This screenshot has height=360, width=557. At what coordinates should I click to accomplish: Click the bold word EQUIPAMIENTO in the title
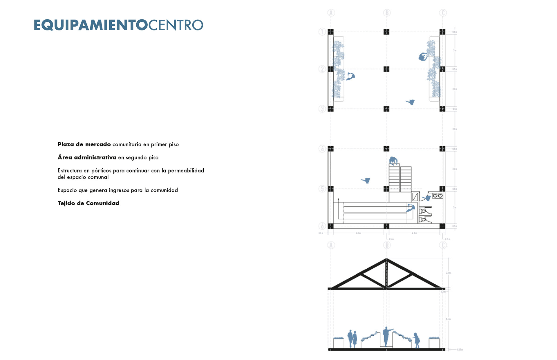coord(91,25)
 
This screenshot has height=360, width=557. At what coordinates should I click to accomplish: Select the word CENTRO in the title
coord(176,25)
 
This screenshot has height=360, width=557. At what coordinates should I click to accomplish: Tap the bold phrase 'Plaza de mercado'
coord(84,144)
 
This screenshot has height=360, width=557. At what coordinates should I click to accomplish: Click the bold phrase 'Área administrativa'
coord(87,157)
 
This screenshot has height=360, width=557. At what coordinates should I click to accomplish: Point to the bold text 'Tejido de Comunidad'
coord(88,203)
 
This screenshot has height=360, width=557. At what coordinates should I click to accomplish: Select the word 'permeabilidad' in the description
coord(186,170)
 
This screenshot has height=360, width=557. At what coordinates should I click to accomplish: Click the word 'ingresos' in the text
coord(119,190)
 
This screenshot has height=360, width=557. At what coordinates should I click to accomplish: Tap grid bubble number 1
coord(322,32)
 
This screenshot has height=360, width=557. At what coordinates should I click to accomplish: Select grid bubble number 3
coord(322,109)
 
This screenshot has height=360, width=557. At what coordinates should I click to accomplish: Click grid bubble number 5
coord(322,189)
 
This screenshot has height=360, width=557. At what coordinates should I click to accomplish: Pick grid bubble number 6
coord(322,226)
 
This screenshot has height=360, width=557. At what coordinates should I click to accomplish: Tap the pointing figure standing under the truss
coord(386,336)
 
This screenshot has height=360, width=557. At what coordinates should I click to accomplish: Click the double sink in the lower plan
coord(437,196)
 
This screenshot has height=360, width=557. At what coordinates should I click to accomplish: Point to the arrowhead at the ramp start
coord(338,199)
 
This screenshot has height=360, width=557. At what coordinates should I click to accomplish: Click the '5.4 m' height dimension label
coord(448,319)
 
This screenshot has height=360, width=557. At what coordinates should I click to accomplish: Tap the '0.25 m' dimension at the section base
coord(460,350)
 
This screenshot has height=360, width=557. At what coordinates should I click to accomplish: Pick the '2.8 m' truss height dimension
coord(448,273)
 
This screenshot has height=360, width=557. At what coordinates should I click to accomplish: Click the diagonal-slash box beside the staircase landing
coord(415,197)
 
